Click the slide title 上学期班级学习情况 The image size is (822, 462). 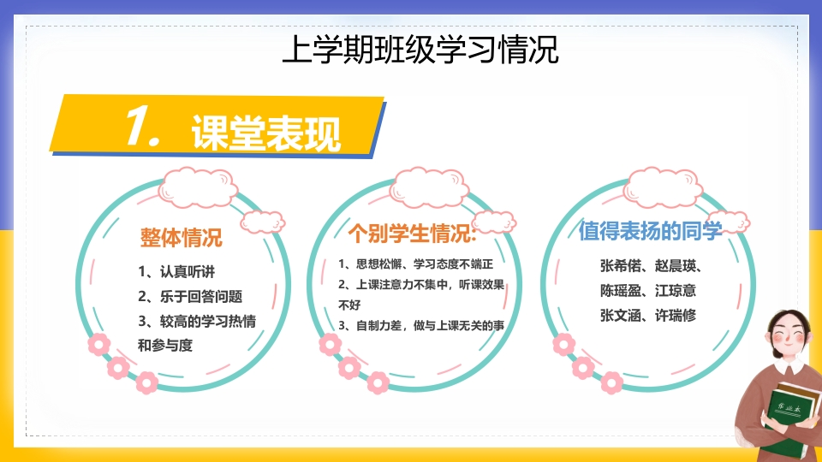click(420, 50)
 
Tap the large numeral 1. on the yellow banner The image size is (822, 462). click(143, 125)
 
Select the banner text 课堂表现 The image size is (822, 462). click(266, 133)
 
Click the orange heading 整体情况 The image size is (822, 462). click(182, 237)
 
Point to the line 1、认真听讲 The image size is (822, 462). click(176, 271)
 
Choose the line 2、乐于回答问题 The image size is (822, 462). click(190, 297)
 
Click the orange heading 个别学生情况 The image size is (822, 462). click(412, 233)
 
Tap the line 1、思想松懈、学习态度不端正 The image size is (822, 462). click(416, 264)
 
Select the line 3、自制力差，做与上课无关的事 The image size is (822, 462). click(421, 325)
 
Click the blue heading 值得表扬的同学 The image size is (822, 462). click(650, 230)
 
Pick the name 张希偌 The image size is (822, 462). click(621, 265)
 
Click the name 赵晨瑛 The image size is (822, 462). click(676, 265)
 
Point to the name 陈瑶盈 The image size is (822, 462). click(621, 290)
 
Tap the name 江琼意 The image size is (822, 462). click(676, 290)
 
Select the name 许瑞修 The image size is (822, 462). click(676, 315)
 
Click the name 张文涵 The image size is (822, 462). click(621, 315)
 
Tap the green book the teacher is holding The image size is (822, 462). click(791, 419)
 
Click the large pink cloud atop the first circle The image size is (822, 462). click(198, 187)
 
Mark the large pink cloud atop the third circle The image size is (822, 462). click(663, 187)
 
